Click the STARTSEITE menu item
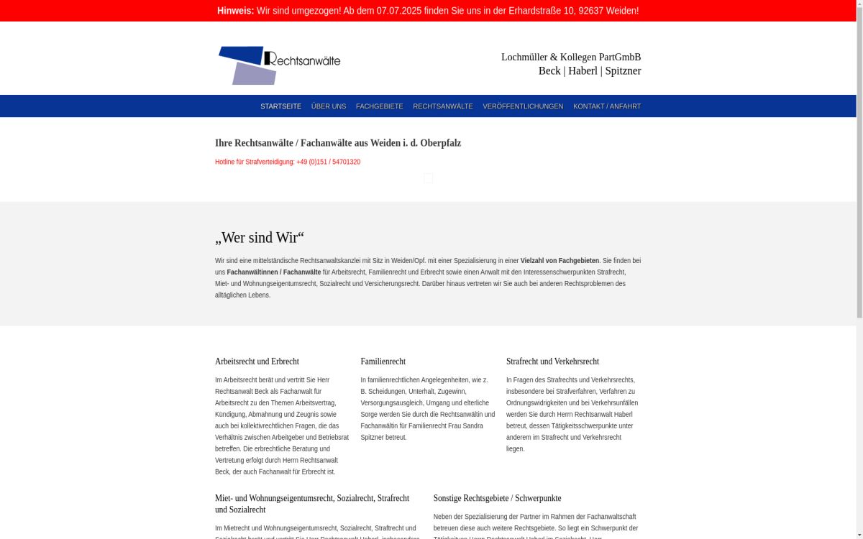280,106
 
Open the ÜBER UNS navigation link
329,106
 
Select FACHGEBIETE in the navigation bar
379,106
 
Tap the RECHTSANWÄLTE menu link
443,106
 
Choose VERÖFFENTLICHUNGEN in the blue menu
523,106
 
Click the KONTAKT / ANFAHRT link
606,106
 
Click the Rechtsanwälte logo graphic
279,65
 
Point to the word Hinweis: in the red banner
236,11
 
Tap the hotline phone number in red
328,162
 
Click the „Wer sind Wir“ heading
260,237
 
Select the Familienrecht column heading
383,361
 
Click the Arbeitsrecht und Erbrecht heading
257,361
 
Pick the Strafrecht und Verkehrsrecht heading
552,361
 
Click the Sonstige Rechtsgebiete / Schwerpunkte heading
497,498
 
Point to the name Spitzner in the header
623,70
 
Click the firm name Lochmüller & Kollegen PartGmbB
570,57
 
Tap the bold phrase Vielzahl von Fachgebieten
560,261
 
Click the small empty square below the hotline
428,178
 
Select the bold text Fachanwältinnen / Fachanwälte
274,272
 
